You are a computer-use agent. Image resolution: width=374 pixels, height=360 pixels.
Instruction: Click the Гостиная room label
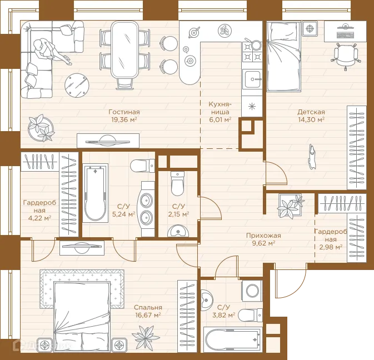(124, 112)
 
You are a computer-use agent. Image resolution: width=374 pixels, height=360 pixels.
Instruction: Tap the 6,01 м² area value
(220, 119)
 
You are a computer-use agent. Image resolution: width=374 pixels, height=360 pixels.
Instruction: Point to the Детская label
(311, 112)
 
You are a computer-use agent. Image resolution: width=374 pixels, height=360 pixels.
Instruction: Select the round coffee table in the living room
(77, 85)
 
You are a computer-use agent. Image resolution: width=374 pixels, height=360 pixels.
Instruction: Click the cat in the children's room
(312, 157)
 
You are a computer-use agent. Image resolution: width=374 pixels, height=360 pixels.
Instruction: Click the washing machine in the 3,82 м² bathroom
(252, 290)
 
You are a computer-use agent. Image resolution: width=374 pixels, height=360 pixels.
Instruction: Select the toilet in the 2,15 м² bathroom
(177, 183)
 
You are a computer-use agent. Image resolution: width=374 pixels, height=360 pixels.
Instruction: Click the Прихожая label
(263, 236)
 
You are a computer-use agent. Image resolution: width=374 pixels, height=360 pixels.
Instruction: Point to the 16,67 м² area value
(148, 315)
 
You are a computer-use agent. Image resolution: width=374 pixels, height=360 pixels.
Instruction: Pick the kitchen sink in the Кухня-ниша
(252, 79)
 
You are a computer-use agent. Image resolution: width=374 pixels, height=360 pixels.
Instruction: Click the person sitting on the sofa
(50, 50)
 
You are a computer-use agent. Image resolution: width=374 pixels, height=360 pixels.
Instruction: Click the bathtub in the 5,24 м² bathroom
(95, 193)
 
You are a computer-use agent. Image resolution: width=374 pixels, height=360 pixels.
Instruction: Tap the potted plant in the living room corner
(41, 128)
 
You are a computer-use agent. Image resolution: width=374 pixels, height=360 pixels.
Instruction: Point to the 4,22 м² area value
(39, 218)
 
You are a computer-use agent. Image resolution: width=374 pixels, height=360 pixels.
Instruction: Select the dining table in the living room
(124, 49)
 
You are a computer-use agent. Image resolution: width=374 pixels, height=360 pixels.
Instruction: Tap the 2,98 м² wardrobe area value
(331, 247)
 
